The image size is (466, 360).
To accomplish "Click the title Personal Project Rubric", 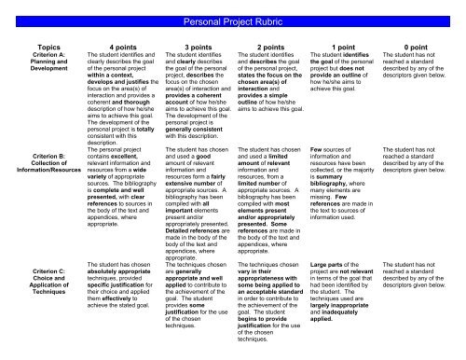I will [x=232, y=20].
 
